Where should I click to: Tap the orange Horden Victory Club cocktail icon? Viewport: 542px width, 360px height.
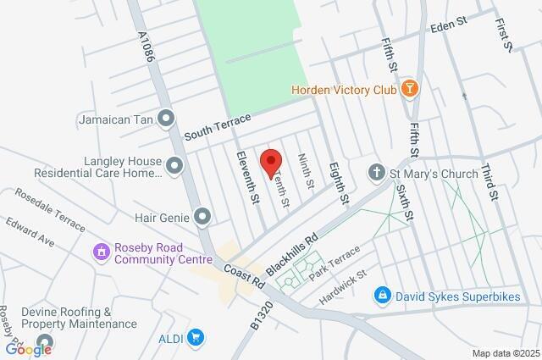(x=409, y=88)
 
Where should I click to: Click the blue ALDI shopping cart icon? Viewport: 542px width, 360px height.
(x=196, y=338)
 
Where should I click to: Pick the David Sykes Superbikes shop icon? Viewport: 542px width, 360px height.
(x=383, y=295)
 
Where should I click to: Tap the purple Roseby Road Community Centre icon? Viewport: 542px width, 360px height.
(x=101, y=252)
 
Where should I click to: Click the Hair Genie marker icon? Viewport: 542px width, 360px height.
(x=202, y=218)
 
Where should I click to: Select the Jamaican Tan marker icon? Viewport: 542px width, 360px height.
(x=166, y=119)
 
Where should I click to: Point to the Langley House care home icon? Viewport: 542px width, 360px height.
(x=174, y=165)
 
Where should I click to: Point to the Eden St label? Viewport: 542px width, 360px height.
(x=449, y=27)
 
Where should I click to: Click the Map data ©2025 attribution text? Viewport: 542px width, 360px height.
(x=505, y=353)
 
